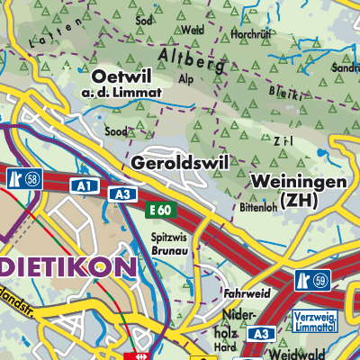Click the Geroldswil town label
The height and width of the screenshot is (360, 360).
[x=179, y=163]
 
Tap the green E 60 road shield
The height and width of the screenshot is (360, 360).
[x=160, y=209]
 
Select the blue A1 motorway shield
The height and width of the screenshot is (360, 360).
[x=85, y=185]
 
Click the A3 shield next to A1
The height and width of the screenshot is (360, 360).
[x=121, y=194]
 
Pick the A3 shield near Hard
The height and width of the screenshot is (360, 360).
[x=259, y=334]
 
